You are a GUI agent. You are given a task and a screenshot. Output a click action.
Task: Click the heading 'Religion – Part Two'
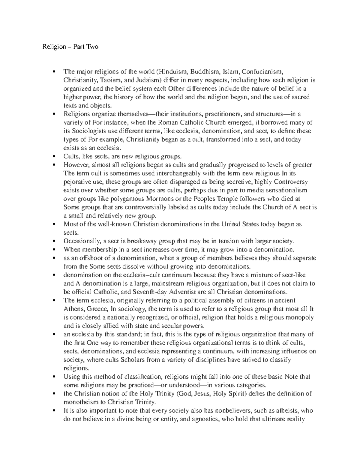[70, 47]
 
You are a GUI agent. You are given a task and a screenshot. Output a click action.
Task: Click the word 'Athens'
[72, 309]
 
